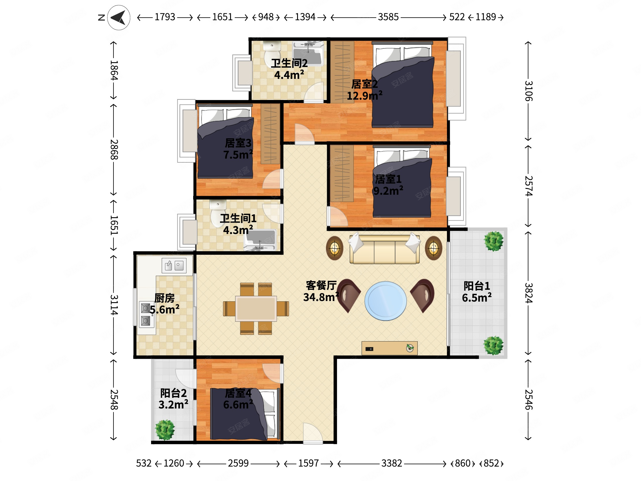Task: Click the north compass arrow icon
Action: pos(118,18)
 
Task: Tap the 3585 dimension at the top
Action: pos(388,17)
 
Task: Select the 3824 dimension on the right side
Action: pos(529,293)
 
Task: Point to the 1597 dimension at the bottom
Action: pos(308,463)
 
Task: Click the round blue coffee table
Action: pos(385,301)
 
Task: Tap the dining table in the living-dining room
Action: pos(256,309)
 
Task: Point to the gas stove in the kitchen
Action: pos(146,315)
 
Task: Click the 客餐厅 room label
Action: pos(321,286)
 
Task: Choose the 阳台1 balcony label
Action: pos(477,286)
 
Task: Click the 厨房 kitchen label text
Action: pos(164,298)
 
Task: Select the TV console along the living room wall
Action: pos(390,348)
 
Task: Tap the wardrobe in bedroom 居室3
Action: pos(270,134)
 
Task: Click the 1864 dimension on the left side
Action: pos(114,70)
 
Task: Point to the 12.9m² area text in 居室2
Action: pos(365,95)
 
